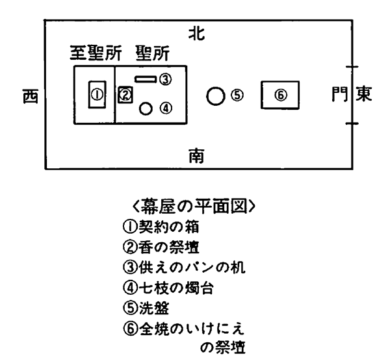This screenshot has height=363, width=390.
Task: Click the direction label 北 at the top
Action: (196, 34)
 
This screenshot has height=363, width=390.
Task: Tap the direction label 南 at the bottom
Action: (196, 156)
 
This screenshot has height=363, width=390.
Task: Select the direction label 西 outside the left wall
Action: (31, 96)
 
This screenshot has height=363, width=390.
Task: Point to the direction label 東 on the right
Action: (363, 94)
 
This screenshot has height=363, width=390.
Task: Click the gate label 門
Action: (340, 94)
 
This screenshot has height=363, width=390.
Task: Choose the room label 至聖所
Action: (96, 53)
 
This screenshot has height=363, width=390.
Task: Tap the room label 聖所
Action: (153, 53)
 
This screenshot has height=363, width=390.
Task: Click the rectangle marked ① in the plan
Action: (97, 94)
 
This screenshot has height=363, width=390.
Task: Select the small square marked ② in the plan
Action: (125, 95)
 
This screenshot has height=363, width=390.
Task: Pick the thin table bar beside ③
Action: (146, 79)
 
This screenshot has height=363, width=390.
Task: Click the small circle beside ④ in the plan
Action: (146, 108)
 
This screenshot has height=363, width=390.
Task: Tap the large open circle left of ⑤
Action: (216, 96)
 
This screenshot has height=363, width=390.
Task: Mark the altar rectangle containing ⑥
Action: (280, 95)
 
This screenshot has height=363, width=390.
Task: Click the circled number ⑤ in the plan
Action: (237, 95)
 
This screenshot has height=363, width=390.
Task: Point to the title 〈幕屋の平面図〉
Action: (194, 206)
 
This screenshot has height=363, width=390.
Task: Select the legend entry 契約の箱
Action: (169, 227)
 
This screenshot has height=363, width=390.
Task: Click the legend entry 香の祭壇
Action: (169, 247)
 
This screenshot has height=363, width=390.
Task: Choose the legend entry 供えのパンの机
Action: (192, 268)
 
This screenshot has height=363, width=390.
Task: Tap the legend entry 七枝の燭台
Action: (176, 288)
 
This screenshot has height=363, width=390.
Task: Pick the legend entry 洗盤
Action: (154, 308)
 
